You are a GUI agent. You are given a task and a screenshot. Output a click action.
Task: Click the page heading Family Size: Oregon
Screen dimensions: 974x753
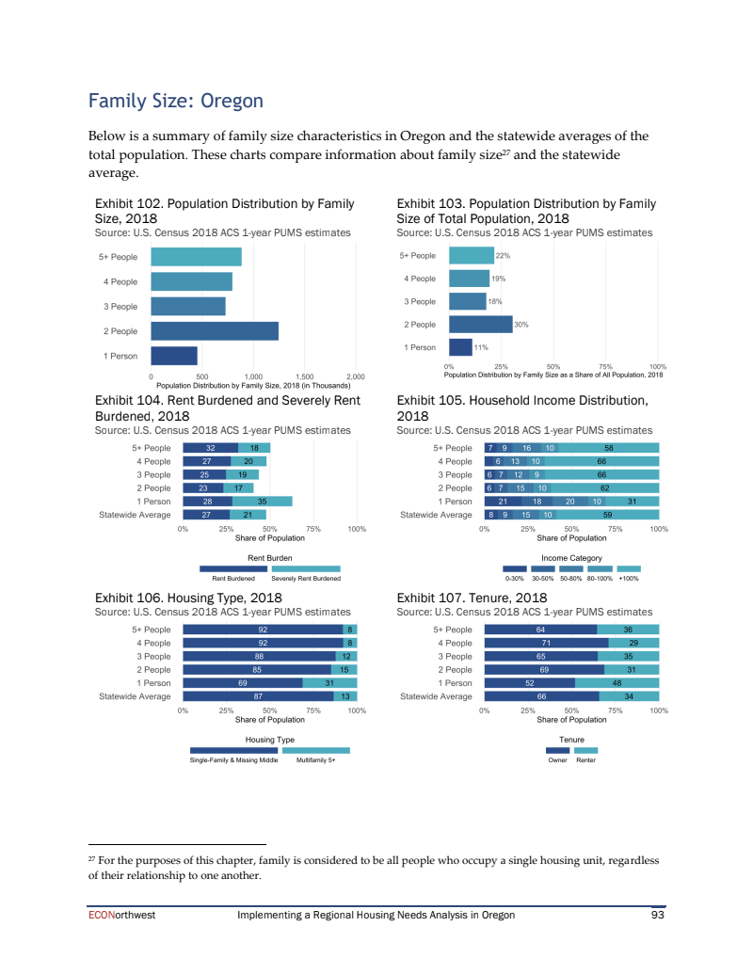click(175, 101)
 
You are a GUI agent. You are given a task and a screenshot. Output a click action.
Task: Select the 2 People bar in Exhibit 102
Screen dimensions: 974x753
click(215, 330)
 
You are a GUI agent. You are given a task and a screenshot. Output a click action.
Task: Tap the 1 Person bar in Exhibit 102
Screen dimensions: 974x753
click(174, 356)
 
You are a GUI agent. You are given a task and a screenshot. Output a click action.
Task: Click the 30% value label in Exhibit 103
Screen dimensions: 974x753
click(521, 325)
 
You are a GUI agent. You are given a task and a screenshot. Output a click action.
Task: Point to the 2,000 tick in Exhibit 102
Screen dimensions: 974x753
click(355, 377)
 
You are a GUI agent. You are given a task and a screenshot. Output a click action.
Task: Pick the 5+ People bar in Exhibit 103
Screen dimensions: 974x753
click(472, 255)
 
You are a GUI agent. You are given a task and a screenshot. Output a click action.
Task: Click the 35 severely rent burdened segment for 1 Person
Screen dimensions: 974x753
click(263, 502)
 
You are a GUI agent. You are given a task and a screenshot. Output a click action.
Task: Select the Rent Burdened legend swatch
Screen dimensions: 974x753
click(233, 568)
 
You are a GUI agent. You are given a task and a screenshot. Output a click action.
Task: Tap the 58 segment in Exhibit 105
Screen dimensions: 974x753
click(609, 448)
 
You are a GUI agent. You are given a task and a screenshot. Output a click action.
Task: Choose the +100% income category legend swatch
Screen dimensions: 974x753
click(629, 568)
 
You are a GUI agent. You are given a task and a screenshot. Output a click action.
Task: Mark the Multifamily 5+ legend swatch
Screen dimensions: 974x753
click(316, 750)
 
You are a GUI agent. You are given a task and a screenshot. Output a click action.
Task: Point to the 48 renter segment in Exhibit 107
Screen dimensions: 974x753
click(617, 682)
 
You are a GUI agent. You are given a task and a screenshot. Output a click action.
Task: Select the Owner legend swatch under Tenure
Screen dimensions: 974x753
click(557, 750)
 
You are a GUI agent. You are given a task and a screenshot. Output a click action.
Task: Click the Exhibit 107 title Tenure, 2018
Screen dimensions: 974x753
click(472, 598)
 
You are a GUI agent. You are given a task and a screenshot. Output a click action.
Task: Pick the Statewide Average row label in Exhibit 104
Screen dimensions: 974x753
click(136, 515)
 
